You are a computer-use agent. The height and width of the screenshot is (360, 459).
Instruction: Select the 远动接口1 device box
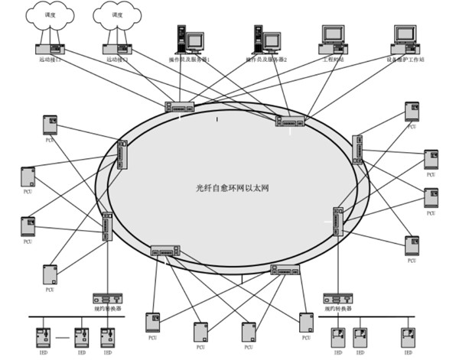(50, 49)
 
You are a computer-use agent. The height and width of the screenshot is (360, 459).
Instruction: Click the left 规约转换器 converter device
(108, 298)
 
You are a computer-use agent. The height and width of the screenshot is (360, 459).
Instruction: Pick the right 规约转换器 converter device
(337, 298)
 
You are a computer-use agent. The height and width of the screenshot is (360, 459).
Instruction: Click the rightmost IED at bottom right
(409, 337)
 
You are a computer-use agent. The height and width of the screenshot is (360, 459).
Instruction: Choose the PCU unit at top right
(412, 112)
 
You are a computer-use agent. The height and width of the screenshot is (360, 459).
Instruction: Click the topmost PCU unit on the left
(50, 125)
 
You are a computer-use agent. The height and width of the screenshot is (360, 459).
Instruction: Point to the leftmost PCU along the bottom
(153, 322)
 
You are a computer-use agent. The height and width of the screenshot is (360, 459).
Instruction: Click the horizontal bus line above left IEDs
(76, 316)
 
